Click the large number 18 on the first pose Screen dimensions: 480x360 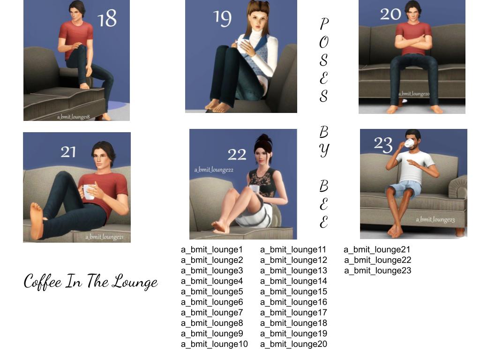coord(107,18)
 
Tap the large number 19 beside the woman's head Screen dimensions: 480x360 coord(222,18)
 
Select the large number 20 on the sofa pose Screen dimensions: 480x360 coord(390,14)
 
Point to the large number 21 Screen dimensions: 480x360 coord(68,152)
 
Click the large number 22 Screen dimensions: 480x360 coord(237,154)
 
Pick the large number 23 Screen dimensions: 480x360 coord(383,144)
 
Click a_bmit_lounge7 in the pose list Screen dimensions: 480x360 coord(212,313)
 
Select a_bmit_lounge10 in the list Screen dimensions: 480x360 coord(214,344)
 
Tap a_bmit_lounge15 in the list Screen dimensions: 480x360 coord(293,292)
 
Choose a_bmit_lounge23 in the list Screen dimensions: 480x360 coord(377,270)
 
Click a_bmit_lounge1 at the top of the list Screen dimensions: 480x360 coord(212,249)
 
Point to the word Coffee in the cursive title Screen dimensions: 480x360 coord(43,281)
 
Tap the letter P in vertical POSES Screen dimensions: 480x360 coord(324,23)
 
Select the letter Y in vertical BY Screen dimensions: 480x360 coord(324,150)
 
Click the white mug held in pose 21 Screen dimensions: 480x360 coord(88,192)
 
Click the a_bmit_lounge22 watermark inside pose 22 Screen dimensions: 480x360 coord(214,170)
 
